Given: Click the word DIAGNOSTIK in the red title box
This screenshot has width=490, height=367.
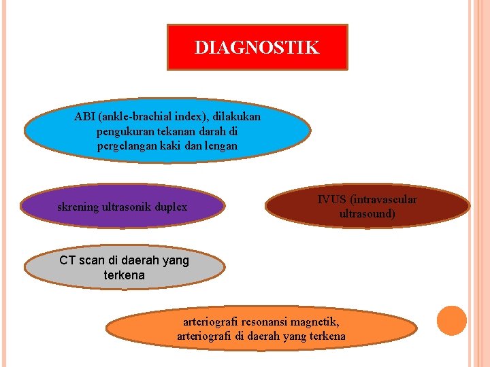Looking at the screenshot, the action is click(x=257, y=48).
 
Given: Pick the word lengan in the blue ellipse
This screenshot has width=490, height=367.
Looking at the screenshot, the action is click(x=220, y=145).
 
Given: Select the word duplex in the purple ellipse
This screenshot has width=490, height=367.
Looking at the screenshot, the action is click(x=172, y=207).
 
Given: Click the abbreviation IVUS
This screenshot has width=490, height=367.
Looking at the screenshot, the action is click(x=331, y=199).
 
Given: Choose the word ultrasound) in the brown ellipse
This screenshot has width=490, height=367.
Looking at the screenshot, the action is click(x=367, y=213).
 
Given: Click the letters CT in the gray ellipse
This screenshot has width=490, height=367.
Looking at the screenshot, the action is click(x=67, y=260).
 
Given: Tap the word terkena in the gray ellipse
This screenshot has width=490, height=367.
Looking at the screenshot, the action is click(x=125, y=275).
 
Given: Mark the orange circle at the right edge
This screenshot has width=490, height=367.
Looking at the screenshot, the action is click(x=451, y=321).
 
